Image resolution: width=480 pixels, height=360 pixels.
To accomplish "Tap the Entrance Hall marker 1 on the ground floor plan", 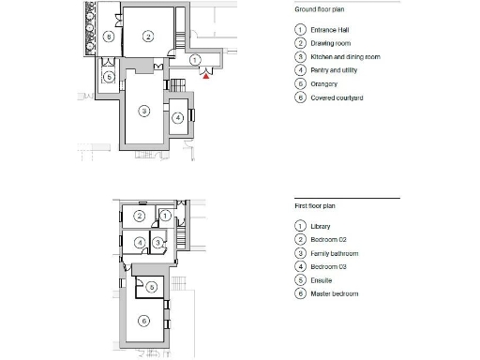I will click(194, 59).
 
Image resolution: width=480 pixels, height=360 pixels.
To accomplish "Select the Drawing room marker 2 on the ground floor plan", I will click(148, 37).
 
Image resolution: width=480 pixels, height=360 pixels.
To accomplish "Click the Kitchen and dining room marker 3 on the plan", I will click(143, 111).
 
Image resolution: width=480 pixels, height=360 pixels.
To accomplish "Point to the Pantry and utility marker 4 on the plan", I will click(178, 118).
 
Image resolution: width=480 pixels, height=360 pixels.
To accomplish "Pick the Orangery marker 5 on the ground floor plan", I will click(109, 76).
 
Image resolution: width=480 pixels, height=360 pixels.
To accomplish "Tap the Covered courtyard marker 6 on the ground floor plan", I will click(109, 37).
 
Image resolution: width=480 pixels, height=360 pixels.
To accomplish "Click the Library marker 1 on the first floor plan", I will click(165, 216).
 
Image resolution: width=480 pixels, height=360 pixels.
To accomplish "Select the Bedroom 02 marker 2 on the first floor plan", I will click(140, 216).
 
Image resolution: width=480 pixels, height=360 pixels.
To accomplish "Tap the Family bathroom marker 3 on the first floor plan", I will click(158, 243).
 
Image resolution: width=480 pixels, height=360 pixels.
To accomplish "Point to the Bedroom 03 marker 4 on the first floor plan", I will click(139, 243).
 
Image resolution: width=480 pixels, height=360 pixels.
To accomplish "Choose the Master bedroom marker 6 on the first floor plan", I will click(143, 321).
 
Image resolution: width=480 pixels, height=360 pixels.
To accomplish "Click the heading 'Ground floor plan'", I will click(317, 8).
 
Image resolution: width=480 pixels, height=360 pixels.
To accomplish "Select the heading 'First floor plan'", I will click(314, 203).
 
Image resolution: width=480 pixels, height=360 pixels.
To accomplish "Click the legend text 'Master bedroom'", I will click(334, 293).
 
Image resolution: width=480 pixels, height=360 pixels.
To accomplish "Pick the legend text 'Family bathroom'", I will click(334, 253).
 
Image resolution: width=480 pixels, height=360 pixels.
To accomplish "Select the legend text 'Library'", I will click(320, 227).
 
